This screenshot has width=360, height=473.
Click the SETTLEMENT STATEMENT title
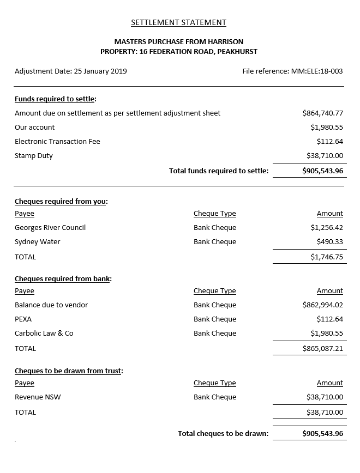178,22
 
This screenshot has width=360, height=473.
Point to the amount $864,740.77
322,113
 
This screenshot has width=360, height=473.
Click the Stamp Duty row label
34,156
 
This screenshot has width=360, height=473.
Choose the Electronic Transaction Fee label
57,142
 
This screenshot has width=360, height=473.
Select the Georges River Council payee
50,228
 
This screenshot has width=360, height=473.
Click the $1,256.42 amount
327,228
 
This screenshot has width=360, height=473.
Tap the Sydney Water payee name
38,242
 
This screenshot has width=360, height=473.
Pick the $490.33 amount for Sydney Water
329,242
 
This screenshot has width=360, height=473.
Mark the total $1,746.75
327,257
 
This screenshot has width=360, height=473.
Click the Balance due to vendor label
51,305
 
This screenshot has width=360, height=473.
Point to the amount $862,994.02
322,305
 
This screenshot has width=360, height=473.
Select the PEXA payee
23,319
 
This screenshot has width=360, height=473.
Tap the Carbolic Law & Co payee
44,333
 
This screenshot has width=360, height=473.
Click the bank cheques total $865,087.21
322,349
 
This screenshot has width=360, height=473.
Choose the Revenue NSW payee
38,397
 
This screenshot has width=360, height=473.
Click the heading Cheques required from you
61,202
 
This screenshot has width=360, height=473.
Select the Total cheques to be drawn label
223,434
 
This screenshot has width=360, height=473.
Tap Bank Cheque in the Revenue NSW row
215,397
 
